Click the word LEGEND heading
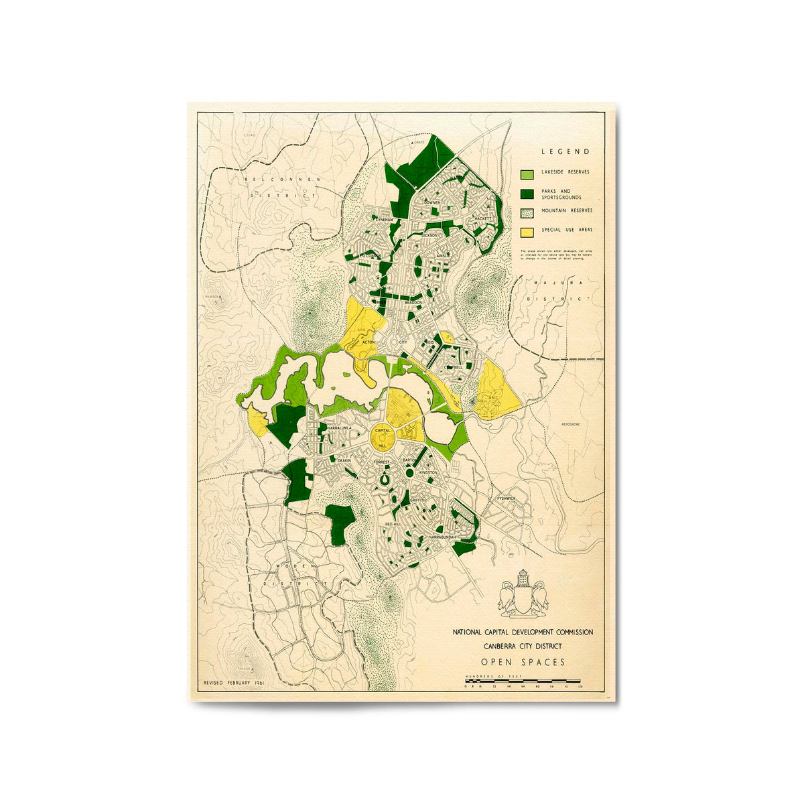(565, 152)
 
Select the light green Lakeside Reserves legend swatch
(528, 174)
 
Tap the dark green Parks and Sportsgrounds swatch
(528, 194)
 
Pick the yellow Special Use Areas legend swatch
(528, 231)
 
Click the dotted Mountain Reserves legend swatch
(528, 212)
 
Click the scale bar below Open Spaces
(523, 681)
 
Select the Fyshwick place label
(506, 498)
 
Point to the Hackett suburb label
(482, 218)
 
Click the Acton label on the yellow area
(368, 342)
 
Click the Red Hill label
(393, 523)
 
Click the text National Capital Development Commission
(523, 632)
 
